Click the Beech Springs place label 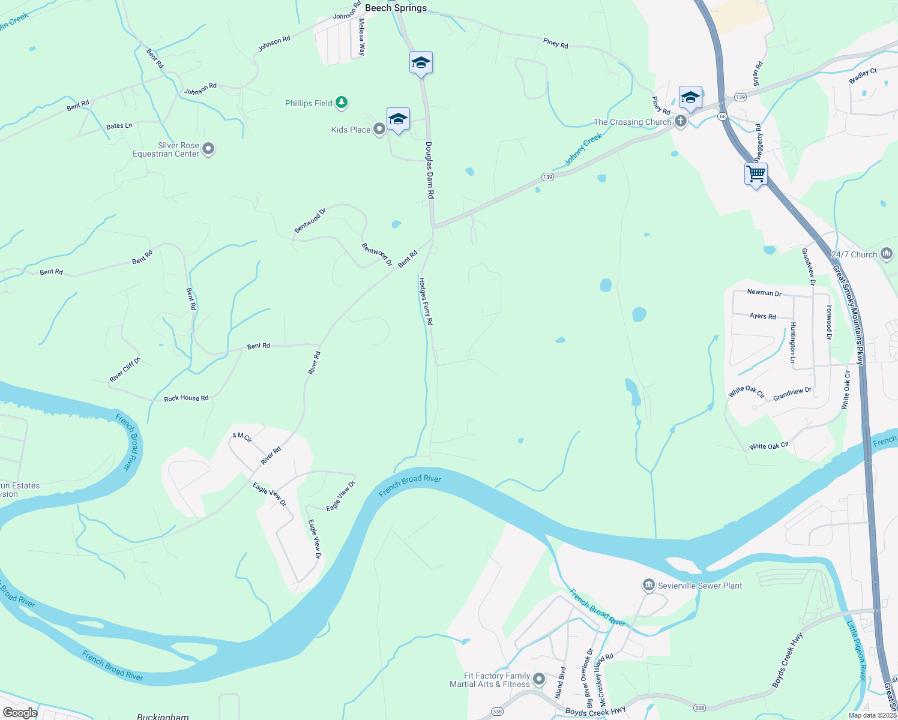coord(396,8)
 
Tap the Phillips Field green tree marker coord(342,103)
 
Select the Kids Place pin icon coord(379,129)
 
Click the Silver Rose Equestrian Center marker coord(208,149)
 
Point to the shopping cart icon coord(756,174)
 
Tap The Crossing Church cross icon coord(680,122)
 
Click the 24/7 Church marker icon coord(887,254)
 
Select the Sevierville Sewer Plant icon coord(648,585)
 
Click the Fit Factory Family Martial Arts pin coord(539,679)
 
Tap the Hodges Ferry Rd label coord(426,301)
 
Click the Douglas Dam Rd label coord(429,170)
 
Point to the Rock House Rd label coord(186,398)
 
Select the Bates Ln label coord(119,126)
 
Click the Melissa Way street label coord(361,37)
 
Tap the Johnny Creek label coord(583,150)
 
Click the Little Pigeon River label coord(856,651)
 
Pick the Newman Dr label coord(764,293)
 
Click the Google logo coord(20,712)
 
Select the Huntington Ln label coord(793,343)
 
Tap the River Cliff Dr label coord(125,370)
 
